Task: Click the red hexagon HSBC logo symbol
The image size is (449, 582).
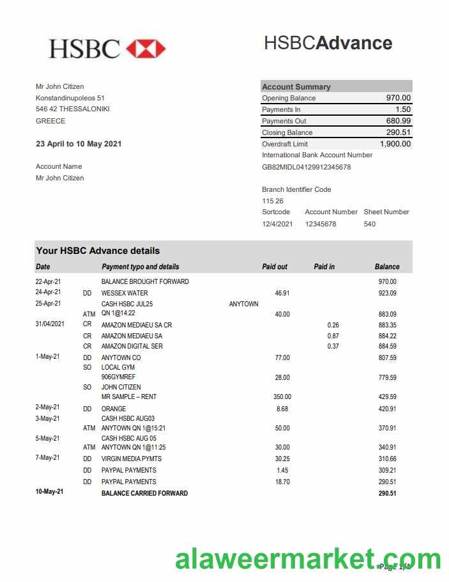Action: pyautogui.click(x=146, y=49)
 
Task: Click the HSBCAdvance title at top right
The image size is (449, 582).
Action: pyautogui.click(x=328, y=43)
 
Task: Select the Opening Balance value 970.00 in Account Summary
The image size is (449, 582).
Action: pyautogui.click(x=398, y=98)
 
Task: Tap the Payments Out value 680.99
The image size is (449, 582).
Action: pyautogui.click(x=398, y=121)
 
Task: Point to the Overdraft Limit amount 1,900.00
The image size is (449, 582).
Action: pyautogui.click(x=395, y=144)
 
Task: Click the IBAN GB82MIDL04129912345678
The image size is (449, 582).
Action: pyautogui.click(x=306, y=167)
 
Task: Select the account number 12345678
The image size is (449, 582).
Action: pyautogui.click(x=321, y=224)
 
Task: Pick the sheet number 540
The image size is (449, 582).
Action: pyautogui.click(x=370, y=224)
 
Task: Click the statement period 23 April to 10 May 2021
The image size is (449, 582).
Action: pyautogui.click(x=79, y=144)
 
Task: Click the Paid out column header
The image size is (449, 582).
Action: pyautogui.click(x=275, y=267)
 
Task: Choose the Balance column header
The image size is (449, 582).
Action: pyautogui.click(x=387, y=267)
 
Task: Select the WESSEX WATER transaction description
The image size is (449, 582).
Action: pyautogui.click(x=125, y=293)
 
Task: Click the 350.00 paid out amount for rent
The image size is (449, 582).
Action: pyautogui.click(x=282, y=397)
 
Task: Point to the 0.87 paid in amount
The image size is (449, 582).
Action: pyautogui.click(x=333, y=336)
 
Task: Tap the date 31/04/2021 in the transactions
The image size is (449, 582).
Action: pyautogui.click(x=50, y=324)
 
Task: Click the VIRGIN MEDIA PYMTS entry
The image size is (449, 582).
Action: pyautogui.click(x=132, y=459)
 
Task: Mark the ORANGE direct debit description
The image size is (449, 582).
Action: pyautogui.click(x=114, y=409)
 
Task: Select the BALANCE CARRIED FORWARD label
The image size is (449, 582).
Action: pyautogui.click(x=144, y=493)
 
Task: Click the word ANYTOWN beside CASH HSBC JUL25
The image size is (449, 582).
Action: pyautogui.click(x=243, y=304)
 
